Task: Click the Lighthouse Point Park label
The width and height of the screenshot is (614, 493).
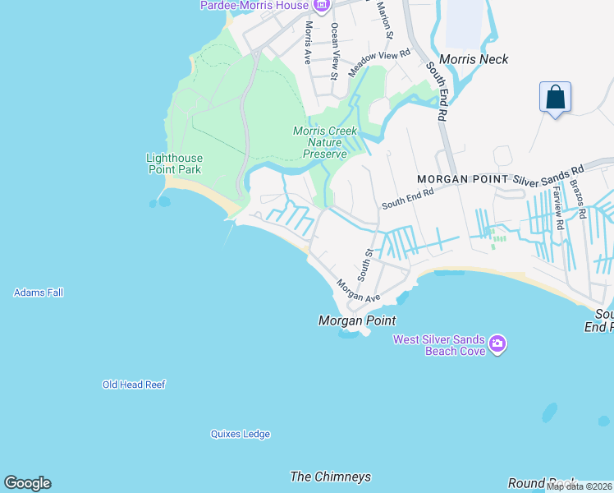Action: point(174,164)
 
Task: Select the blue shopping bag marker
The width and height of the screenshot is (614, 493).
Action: point(556,97)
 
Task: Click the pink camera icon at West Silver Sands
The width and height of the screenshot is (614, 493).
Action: point(497,343)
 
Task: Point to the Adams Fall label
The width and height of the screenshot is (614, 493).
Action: point(39,293)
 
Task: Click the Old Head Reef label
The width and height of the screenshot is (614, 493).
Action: point(134,385)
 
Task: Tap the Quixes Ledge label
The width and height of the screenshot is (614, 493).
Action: point(240,434)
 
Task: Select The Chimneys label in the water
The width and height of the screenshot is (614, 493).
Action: point(331,477)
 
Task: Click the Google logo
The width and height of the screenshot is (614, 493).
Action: point(27,483)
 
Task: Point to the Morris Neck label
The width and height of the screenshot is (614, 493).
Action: point(474,59)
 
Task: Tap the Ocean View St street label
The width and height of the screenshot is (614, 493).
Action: point(334,50)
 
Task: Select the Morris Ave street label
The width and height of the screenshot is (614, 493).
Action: point(308,43)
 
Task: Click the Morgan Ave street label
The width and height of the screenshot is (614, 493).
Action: point(359,289)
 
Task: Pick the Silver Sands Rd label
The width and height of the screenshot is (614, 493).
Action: point(548,173)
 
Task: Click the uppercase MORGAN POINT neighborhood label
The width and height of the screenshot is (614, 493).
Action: point(463,179)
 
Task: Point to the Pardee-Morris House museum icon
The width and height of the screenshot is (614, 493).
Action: point(320,6)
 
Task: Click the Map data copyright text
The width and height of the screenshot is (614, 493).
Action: point(579,486)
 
